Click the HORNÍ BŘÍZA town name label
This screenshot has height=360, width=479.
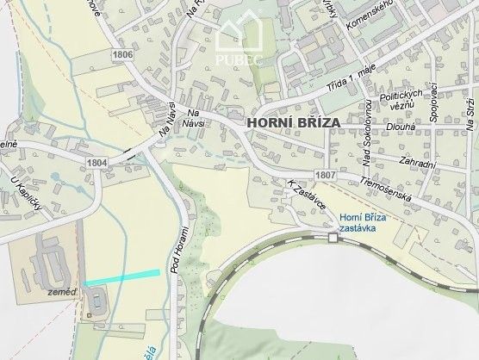click(293, 123)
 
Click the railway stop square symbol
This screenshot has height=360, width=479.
click(333, 238)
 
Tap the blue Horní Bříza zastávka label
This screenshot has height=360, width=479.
click(363, 224)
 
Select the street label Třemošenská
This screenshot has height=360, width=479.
click(389, 192)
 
